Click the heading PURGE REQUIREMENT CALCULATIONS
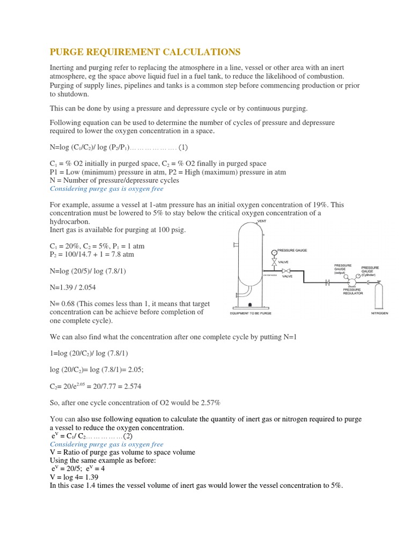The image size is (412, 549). tap(145, 52)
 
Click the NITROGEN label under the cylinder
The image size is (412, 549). tap(379, 313)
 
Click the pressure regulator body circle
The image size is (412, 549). tap(352, 281)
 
